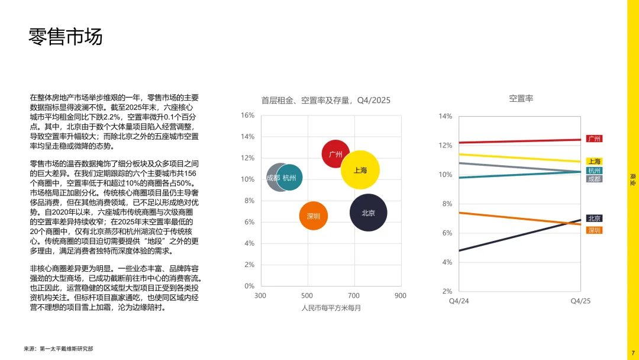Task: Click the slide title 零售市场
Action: pos(66,36)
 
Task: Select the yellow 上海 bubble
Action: pos(360,170)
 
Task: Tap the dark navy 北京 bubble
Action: pos(368,213)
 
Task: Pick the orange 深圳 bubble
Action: pos(314,216)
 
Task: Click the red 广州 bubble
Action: pos(335,154)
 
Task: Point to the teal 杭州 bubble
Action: pos(289,177)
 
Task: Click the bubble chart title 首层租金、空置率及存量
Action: pos(325,100)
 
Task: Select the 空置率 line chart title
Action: pos(521,98)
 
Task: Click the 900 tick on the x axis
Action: pos(401,295)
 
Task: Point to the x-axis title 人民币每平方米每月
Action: pos(331,308)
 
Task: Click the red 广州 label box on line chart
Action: pos(595,139)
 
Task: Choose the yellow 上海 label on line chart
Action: pos(595,161)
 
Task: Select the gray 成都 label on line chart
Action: pos(595,179)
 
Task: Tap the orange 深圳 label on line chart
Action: pos(595,230)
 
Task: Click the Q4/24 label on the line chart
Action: pos(459,301)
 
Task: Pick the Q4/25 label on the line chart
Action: pos(580,301)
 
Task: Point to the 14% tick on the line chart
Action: pos(445,116)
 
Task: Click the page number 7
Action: pos(632,353)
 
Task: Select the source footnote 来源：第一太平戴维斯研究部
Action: pos(58,349)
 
